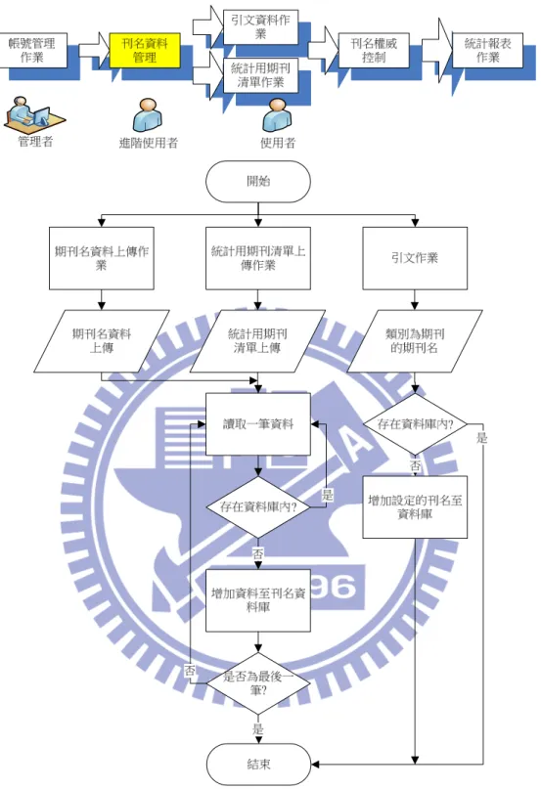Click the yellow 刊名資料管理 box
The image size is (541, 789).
click(145, 50)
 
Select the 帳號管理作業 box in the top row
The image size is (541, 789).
click(32, 50)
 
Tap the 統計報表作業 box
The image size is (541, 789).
click(487, 50)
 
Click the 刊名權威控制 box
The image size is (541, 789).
click(374, 50)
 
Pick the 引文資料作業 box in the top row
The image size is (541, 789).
click(260, 27)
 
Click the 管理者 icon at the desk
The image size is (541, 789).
click(34, 112)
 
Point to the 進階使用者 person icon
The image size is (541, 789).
click(147, 115)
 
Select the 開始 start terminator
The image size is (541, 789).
click(258, 182)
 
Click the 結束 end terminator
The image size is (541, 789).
click(258, 765)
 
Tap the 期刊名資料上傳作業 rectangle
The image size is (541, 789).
click(101, 258)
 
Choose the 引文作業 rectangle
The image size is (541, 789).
click(415, 258)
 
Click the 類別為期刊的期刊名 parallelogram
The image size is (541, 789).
click(415, 341)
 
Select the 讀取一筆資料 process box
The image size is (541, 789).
click(258, 424)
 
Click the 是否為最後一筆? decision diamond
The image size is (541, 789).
click(258, 683)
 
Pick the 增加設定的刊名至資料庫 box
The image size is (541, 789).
click(415, 507)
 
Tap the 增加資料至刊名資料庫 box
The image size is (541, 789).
click(258, 600)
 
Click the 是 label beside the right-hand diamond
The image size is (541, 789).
click(482, 438)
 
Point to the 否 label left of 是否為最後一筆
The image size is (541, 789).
click(190, 671)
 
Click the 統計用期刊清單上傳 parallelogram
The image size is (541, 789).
click(257, 341)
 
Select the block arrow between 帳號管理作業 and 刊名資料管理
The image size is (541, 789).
click(94, 50)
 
